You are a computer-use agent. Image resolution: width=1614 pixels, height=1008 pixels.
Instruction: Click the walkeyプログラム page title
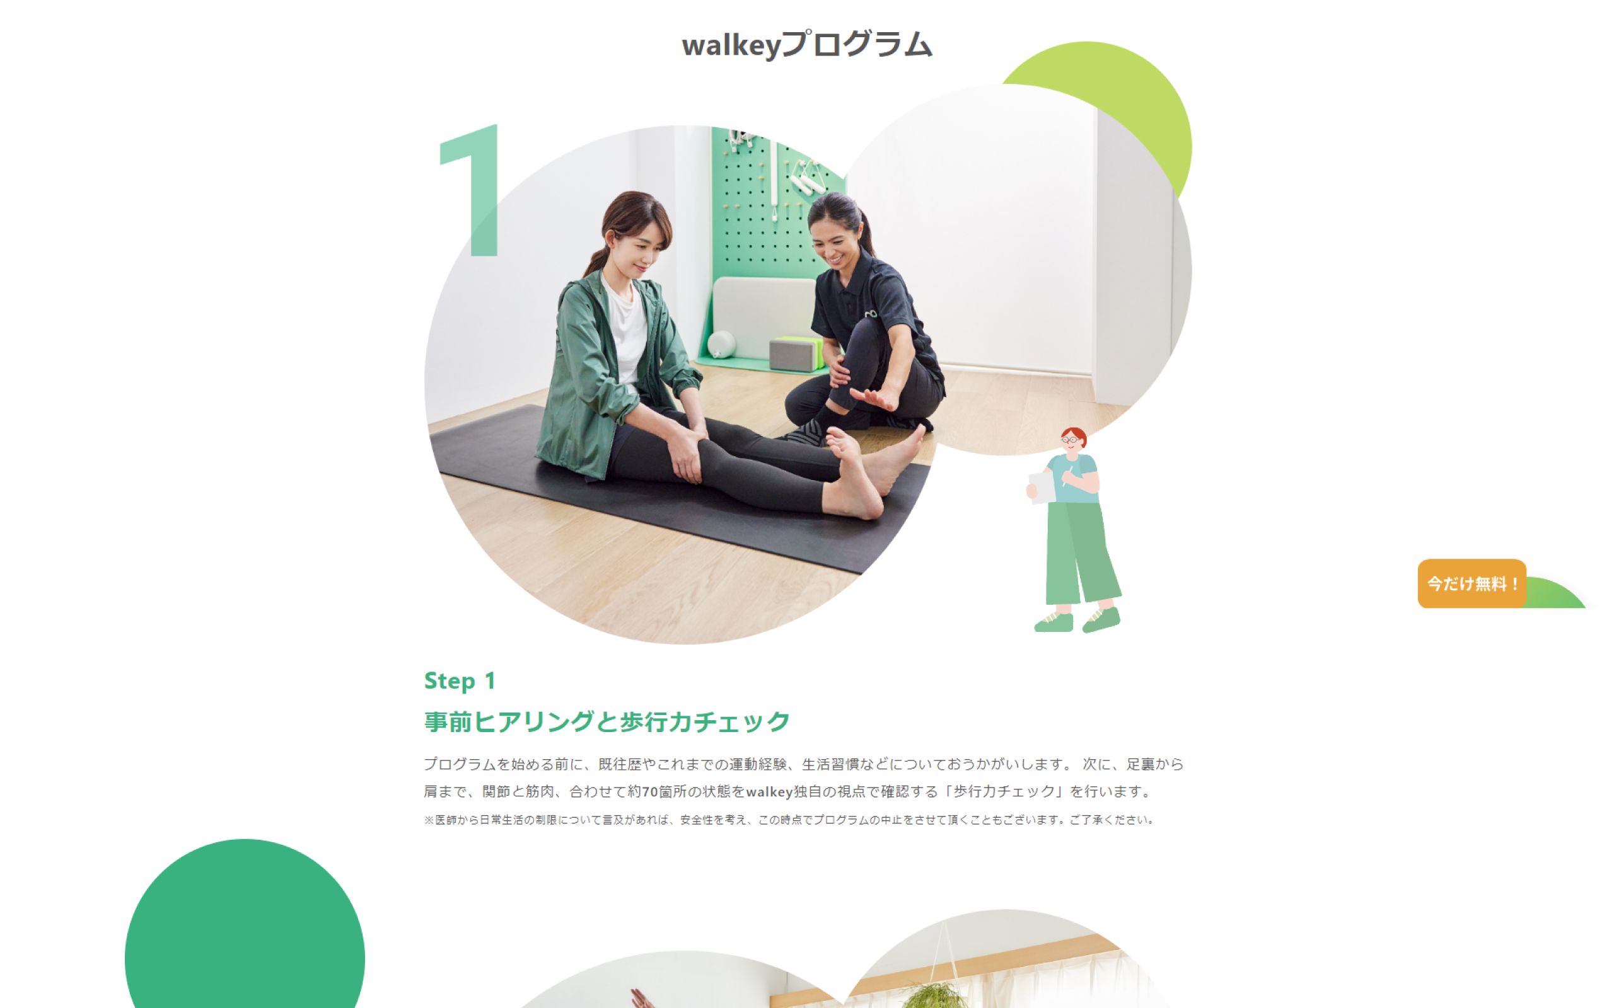coord(806,45)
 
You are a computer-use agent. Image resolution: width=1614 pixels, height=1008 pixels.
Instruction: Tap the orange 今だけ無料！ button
coord(1472,583)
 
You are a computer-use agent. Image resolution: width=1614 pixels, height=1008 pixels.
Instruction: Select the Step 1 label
coord(460,680)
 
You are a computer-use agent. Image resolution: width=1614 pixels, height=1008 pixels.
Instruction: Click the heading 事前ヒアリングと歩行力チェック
coord(607,721)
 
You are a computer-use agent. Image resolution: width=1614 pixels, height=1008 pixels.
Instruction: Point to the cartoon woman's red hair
coord(1074,436)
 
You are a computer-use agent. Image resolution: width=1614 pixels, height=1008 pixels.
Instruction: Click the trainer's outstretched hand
coord(874,398)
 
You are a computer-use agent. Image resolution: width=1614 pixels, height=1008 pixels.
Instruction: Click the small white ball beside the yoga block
coord(721,345)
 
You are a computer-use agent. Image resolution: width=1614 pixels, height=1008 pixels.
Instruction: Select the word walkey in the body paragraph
coord(769,791)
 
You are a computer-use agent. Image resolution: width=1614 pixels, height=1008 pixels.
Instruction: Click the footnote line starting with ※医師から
coord(789,820)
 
